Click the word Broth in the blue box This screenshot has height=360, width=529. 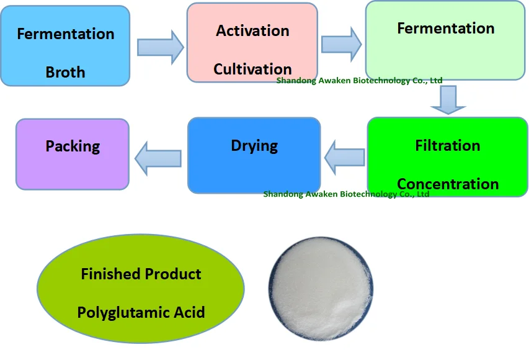click(x=65, y=72)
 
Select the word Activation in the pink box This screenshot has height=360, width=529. click(x=252, y=30)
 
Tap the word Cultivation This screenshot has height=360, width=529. click(x=252, y=69)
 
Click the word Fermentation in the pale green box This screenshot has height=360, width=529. click(x=445, y=29)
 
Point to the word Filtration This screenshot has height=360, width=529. click(x=447, y=145)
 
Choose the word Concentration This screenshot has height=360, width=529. click(x=447, y=184)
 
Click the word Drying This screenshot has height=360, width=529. click(x=254, y=146)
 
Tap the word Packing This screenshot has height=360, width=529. click(x=73, y=146)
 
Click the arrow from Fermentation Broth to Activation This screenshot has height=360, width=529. click(x=159, y=46)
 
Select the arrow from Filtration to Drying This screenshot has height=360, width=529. click(x=344, y=157)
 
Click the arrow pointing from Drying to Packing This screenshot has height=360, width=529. click(x=158, y=158)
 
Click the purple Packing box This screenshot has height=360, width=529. click(x=73, y=168)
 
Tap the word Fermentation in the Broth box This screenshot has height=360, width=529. click(x=65, y=34)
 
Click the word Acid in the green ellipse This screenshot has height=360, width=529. click(x=188, y=312)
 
